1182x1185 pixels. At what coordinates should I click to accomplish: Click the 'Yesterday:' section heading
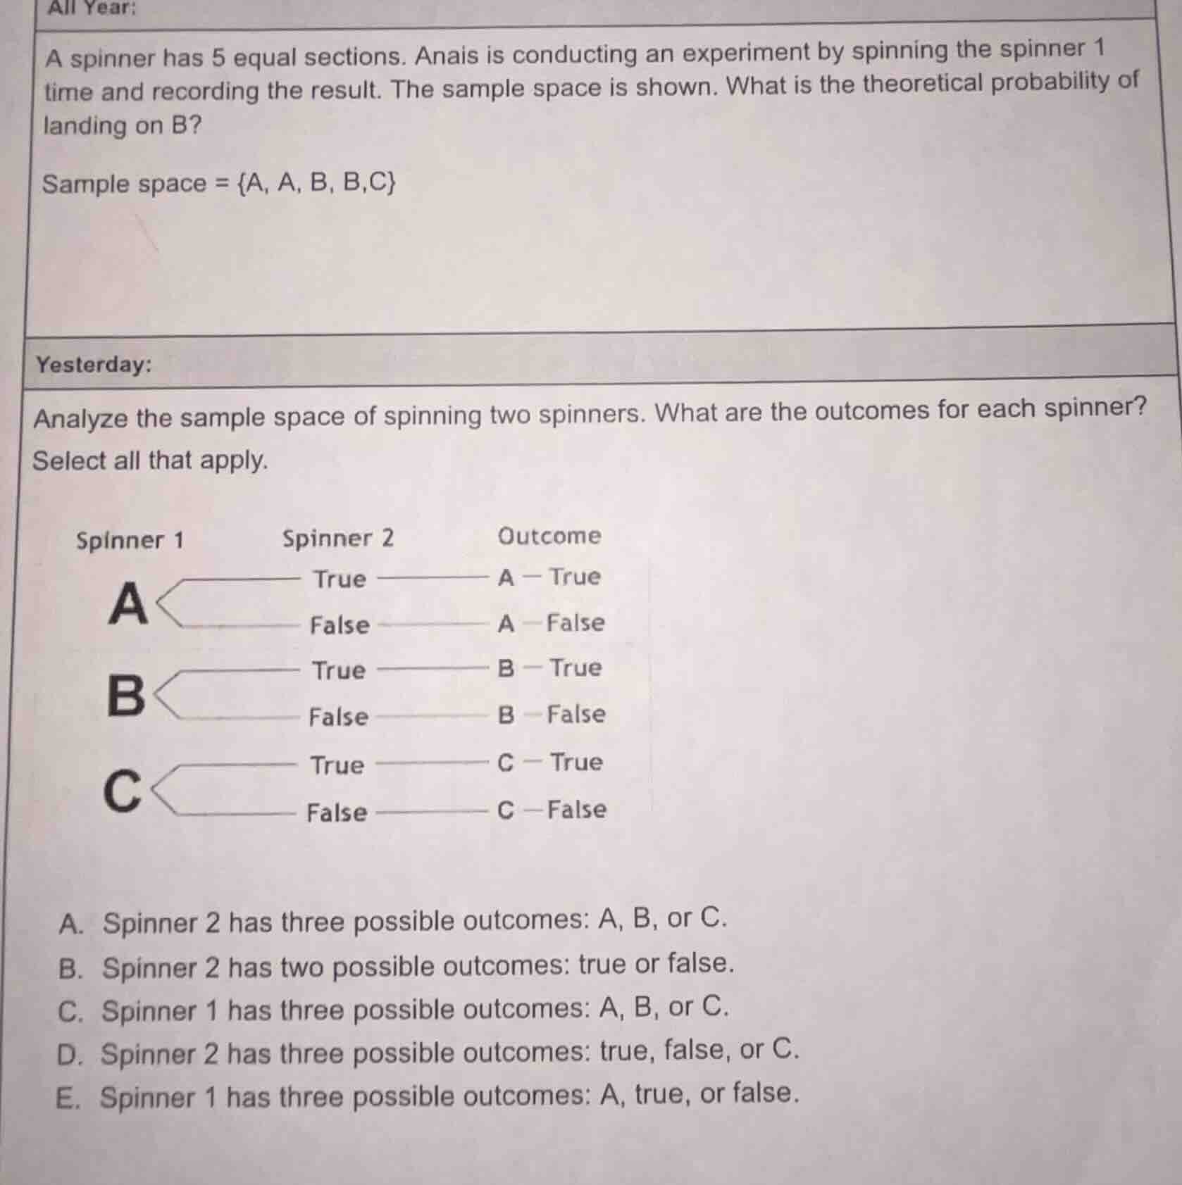94,364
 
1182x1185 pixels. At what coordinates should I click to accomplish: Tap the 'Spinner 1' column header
130,541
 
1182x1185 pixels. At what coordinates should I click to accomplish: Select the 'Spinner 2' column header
338,539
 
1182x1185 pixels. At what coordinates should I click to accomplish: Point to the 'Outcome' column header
549,536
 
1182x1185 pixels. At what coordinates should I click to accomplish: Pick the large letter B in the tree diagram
126,695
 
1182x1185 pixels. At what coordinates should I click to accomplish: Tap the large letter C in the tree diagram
123,791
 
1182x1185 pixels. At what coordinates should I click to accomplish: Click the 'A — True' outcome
549,577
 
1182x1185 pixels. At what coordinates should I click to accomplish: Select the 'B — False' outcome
552,715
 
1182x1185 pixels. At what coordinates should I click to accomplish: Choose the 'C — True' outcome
550,763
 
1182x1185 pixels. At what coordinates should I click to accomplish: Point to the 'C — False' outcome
552,810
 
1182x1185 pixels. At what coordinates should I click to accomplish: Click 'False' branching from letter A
340,625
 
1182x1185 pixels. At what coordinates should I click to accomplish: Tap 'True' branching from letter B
339,670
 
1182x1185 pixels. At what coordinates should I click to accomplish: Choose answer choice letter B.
70,968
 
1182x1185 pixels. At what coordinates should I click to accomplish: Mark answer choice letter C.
70,1012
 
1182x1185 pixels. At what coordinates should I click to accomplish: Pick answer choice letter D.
70,1055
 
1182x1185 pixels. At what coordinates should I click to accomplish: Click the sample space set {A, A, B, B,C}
317,183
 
